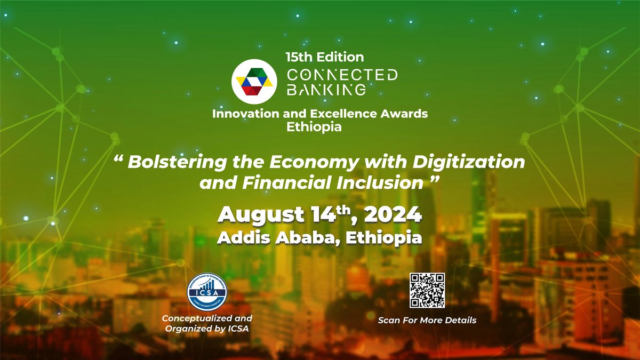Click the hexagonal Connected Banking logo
pos(254,82)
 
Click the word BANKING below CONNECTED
pos(326,89)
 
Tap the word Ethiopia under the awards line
pos(314,127)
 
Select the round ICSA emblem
pos(207,293)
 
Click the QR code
pos(427,290)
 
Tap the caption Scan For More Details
pos(427,321)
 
